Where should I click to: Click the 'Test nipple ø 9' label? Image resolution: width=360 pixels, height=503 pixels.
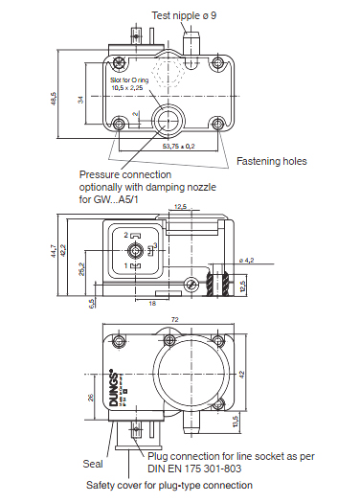[191, 14]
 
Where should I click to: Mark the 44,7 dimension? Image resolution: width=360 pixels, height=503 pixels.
[66, 251]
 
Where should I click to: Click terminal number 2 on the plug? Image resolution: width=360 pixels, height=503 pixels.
[126, 235]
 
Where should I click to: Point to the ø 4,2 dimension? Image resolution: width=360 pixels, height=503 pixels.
[246, 261]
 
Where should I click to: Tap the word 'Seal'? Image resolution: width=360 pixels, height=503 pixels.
[93, 464]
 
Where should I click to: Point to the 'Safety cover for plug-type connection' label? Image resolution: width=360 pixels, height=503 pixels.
[169, 486]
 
